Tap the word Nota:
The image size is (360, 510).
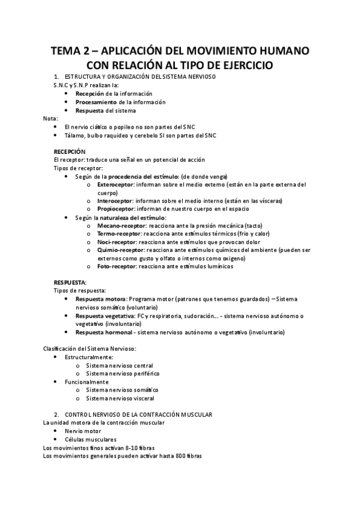tap(51, 118)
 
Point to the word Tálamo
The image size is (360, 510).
tap(73, 135)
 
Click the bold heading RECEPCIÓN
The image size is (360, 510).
tap(70, 152)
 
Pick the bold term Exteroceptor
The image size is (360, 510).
tap(115, 185)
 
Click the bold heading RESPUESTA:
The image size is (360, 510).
tap(70, 282)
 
